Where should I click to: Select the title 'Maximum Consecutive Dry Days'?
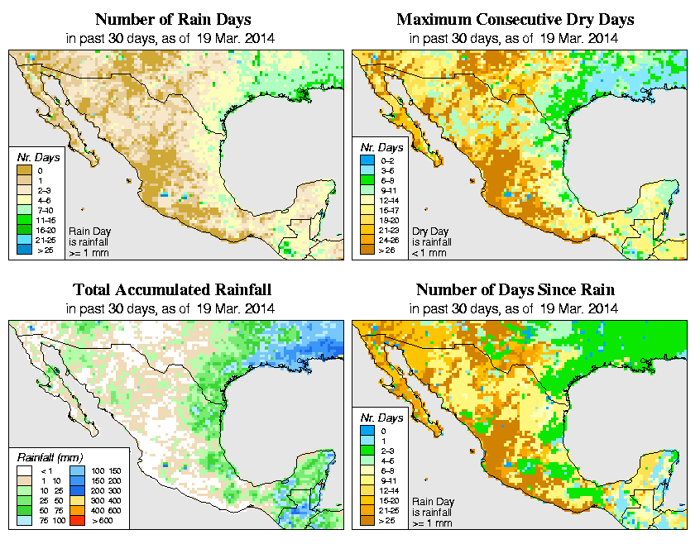(515, 19)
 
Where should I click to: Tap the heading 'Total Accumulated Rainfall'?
(172, 290)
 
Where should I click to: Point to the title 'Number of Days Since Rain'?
(515, 290)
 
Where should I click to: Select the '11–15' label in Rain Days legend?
(46, 220)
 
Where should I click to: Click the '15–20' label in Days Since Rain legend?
(389, 501)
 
